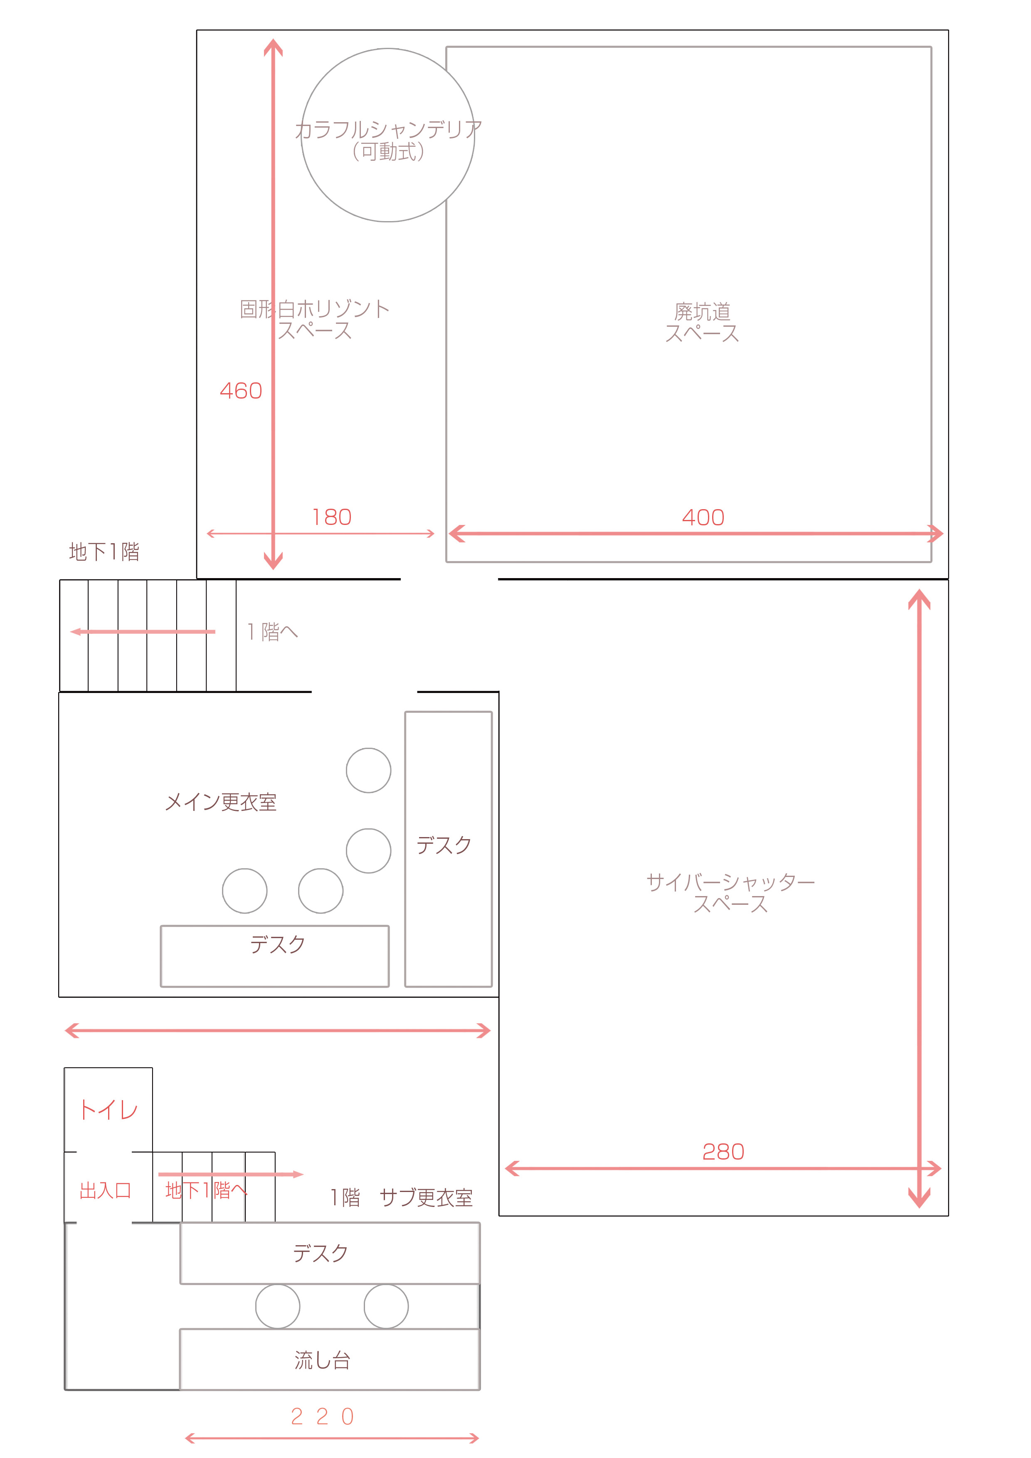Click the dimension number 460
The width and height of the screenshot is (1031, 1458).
241,391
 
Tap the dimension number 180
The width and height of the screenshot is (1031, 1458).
332,517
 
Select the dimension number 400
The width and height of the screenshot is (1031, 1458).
703,517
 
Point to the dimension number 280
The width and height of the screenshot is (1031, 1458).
723,1151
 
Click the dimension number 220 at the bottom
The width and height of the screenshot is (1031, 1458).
323,1416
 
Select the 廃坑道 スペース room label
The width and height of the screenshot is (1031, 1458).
702,322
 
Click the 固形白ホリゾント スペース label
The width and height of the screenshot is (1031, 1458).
314,320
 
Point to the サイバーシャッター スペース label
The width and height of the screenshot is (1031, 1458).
730,892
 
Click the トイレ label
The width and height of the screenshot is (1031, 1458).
109,1110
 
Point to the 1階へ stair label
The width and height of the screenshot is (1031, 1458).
273,631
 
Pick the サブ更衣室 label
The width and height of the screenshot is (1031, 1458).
426,1198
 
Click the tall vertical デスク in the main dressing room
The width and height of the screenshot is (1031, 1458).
449,849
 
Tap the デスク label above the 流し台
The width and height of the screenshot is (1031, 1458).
321,1253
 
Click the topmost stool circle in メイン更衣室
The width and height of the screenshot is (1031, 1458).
368,770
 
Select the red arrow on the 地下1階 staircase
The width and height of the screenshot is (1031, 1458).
143,631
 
